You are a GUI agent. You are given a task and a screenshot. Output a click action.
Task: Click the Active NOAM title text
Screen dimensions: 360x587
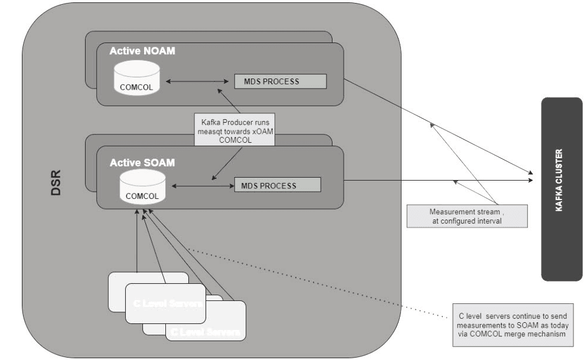[x=142, y=51]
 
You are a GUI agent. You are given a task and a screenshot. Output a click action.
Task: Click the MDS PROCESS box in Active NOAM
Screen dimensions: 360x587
[x=281, y=81]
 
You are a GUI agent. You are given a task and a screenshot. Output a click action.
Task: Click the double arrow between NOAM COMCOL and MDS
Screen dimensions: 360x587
[x=197, y=81]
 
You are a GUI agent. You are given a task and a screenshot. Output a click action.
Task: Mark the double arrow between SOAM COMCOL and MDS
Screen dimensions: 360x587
[x=200, y=185]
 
